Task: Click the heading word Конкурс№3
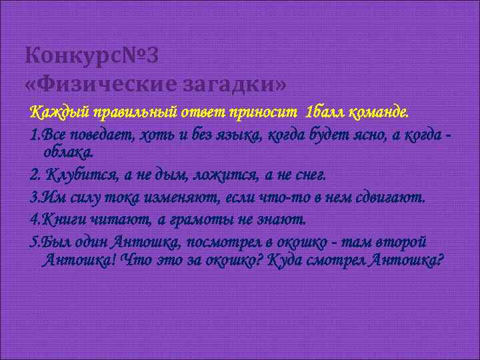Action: (91, 57)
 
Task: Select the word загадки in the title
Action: (229, 84)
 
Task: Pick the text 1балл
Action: (322, 110)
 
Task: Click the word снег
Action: (309, 175)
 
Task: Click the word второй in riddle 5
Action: (402, 242)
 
